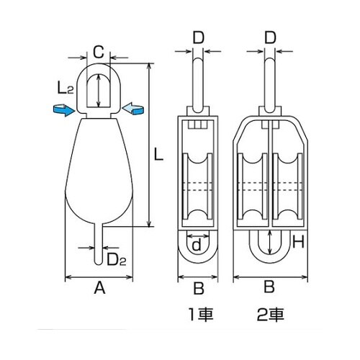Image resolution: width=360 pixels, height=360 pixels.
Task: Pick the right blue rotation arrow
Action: tap(134, 109)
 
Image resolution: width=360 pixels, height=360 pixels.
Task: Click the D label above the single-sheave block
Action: tap(199, 35)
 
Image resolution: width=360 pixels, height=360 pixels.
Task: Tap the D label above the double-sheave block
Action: tap(270, 35)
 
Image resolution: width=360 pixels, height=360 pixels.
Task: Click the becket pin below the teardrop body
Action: tap(100, 245)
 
